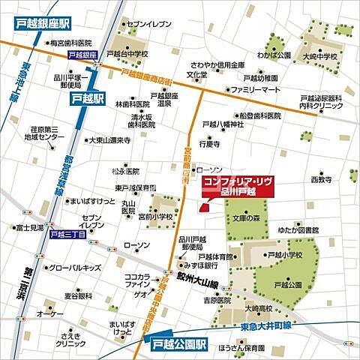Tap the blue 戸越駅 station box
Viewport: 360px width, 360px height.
pos(87,97)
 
